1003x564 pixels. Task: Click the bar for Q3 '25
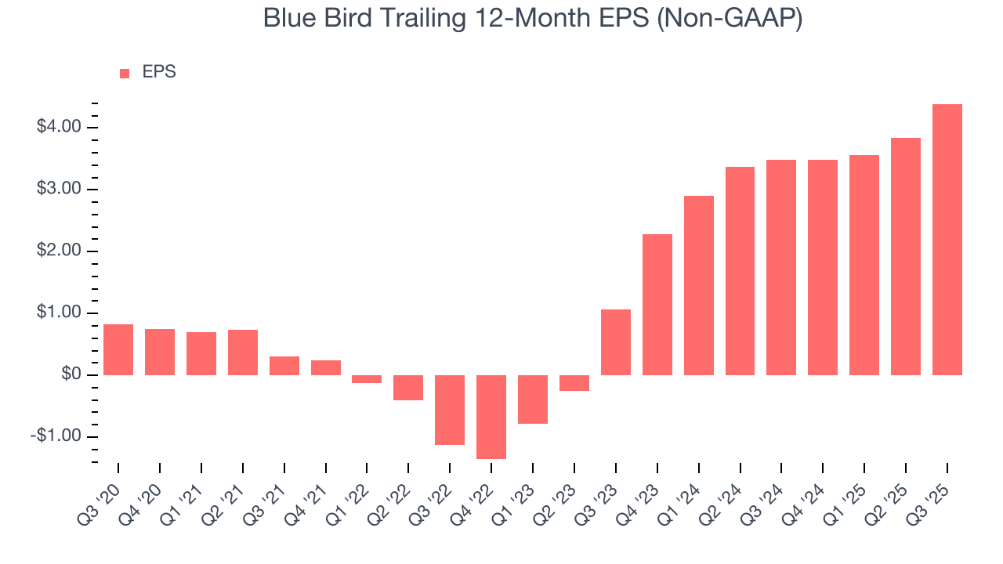coord(947,240)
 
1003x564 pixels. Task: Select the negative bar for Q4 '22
coord(491,417)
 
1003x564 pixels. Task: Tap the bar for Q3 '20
coord(118,349)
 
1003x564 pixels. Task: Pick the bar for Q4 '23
coord(657,305)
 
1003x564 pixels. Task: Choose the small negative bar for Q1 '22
coord(367,379)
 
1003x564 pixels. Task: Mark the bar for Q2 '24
coord(740,271)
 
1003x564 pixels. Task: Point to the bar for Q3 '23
coord(616,342)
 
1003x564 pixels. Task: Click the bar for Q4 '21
coord(325,367)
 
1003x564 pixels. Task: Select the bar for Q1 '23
coord(533,399)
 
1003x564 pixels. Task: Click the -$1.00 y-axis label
coord(55,436)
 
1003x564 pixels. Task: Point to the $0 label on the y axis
coord(71,375)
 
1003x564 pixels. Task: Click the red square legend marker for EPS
coord(125,74)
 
